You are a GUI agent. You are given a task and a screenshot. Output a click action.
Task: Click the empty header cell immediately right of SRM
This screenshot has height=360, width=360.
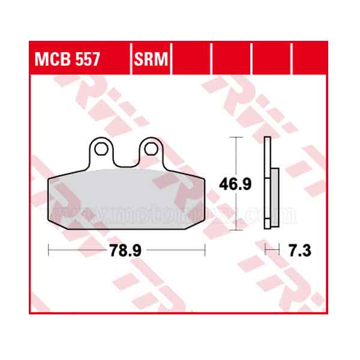(x=192, y=60)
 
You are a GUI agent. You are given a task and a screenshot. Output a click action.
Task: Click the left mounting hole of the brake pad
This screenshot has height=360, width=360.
(x=101, y=148)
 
